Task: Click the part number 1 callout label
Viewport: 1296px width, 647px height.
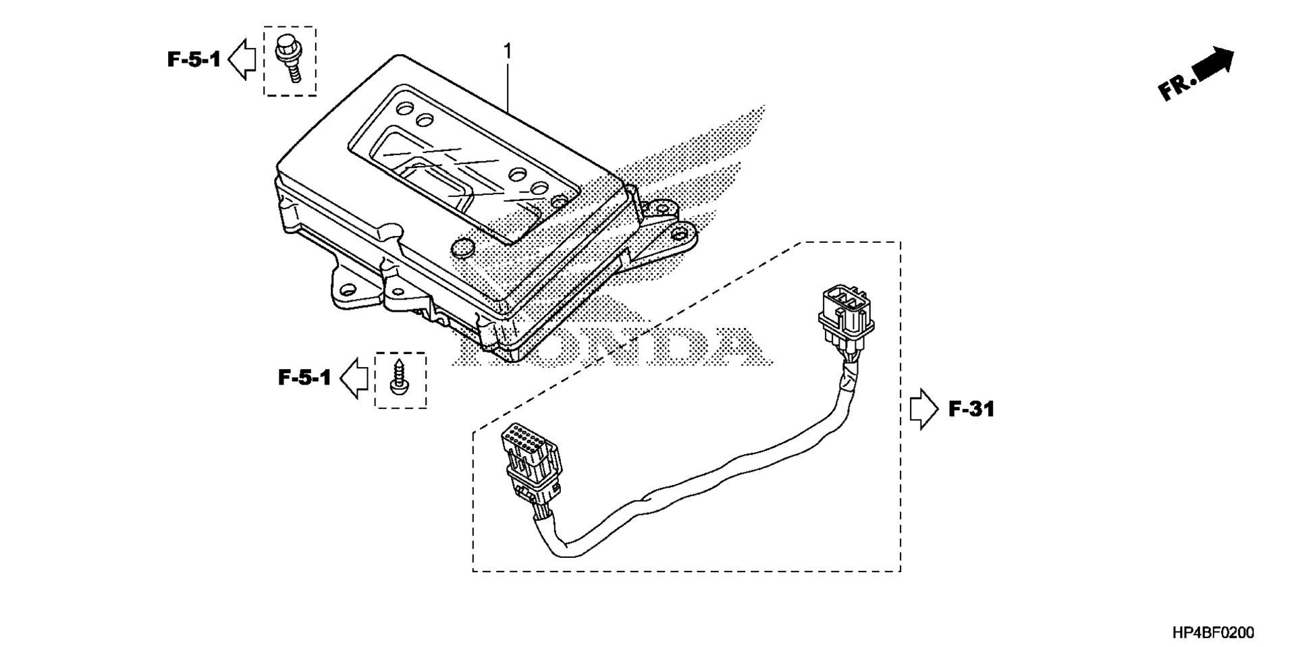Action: point(508,51)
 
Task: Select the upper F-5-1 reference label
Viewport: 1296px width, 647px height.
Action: point(194,60)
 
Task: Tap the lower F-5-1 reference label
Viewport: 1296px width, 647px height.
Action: point(304,378)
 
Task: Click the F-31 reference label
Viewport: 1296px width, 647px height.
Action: point(971,409)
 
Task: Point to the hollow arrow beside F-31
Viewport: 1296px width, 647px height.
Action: point(924,409)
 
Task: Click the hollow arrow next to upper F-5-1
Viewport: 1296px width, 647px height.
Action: point(242,59)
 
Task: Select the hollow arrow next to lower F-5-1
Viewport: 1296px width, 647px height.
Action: point(353,378)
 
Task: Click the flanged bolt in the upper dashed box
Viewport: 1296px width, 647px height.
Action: point(289,59)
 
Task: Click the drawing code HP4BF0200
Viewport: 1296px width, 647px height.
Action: point(1213,632)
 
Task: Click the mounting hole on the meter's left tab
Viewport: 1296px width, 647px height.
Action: point(348,290)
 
